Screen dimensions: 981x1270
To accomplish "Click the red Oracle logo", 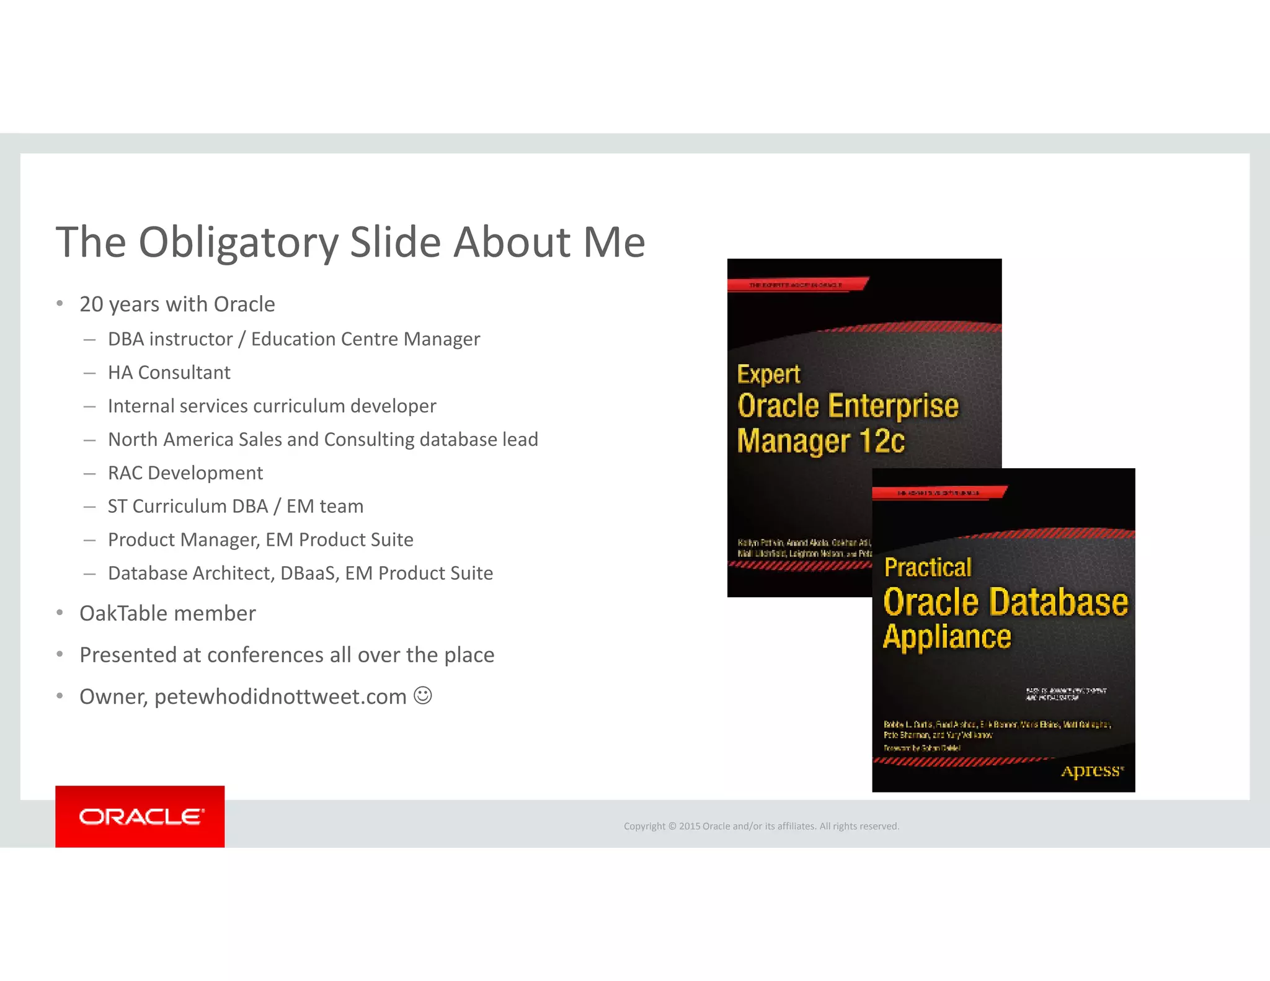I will coord(140,816).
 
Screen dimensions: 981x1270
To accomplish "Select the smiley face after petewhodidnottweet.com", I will coord(423,695).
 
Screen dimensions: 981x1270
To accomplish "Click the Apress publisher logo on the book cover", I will coord(1092,771).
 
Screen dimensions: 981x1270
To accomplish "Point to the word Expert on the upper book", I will coord(768,375).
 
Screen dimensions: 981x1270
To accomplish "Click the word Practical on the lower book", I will coord(927,567).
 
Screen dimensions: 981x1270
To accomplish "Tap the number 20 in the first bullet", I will coord(91,304).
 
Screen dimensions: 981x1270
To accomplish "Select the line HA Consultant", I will coord(169,373).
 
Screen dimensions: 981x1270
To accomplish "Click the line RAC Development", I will coord(185,473).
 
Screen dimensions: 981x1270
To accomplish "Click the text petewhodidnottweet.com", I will coord(280,697).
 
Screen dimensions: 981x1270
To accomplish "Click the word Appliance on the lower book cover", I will coord(947,637).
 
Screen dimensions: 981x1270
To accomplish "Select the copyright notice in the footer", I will coord(761,826).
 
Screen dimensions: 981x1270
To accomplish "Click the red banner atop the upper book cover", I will coord(797,285).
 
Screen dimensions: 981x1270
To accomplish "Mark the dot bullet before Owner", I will coord(60,696).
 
